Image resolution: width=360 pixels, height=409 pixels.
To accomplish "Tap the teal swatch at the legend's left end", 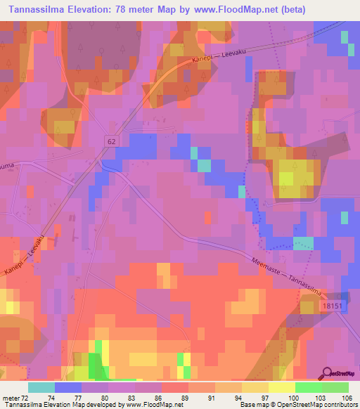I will [41, 387].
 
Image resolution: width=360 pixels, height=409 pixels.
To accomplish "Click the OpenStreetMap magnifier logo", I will [328, 375].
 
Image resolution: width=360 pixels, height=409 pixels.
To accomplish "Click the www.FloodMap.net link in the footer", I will [150, 405].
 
